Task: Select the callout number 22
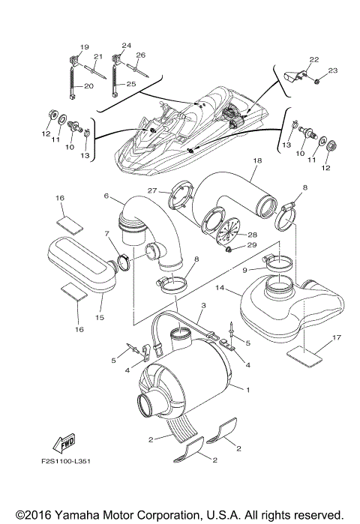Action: pos(313,59)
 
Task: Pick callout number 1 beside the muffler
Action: pos(248,390)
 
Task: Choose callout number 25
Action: pos(131,84)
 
